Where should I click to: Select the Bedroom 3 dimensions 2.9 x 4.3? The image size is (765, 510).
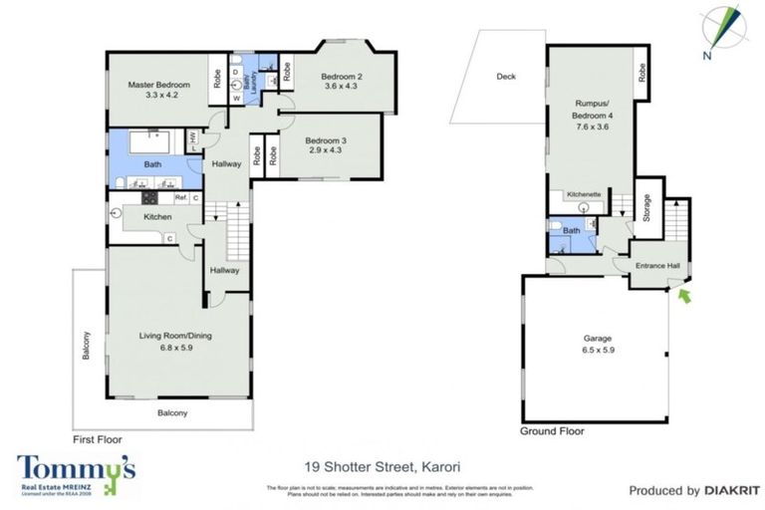(x=326, y=151)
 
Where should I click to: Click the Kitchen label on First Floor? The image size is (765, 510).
(x=159, y=217)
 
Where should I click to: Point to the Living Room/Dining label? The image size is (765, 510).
(x=175, y=336)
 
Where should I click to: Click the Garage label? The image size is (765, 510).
(x=594, y=338)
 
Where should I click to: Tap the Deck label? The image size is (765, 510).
(x=505, y=78)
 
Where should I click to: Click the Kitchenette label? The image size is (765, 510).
(x=584, y=194)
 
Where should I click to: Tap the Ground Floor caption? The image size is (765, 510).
(x=552, y=431)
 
